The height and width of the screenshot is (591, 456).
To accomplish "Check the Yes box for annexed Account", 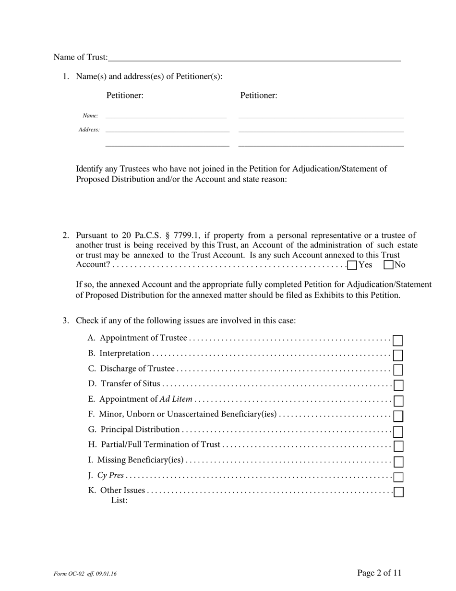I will [352, 265].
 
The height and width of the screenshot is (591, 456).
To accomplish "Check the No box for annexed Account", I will [389, 265].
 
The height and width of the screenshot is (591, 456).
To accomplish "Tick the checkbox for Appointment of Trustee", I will [398, 341].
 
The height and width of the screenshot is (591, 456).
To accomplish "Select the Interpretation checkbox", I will [398, 356].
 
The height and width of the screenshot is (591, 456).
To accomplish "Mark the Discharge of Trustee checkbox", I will [398, 370].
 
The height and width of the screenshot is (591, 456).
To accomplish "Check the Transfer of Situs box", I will [398, 385].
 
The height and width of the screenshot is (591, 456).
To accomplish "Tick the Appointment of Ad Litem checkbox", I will [398, 401].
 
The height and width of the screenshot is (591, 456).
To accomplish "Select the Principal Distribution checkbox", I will [398, 431].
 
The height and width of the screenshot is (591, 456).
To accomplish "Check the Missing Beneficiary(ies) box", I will [398, 462].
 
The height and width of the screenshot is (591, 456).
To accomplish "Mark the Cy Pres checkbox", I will [398, 477].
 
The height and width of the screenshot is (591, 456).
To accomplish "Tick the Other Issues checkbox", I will [398, 492].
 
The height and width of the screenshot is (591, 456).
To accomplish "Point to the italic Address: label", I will [89, 130].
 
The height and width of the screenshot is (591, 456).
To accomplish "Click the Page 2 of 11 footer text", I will [379, 572].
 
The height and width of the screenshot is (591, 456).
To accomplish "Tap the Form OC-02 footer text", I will [85, 574].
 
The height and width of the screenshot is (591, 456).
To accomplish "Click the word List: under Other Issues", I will [119, 500].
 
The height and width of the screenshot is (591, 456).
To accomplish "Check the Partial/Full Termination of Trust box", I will [398, 446].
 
